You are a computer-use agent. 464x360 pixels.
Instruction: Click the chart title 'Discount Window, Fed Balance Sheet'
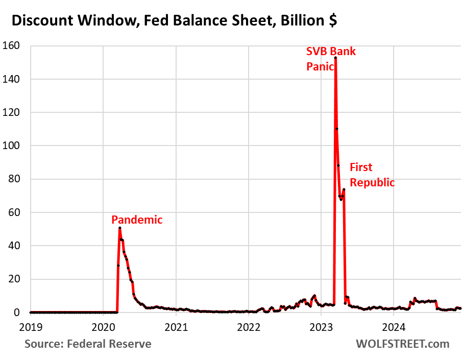(x=174, y=21)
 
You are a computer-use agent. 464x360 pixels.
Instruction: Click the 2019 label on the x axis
(x=31, y=325)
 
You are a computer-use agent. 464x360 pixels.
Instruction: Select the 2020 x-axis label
(x=103, y=325)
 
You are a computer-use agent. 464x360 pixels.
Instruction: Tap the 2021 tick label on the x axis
(x=176, y=325)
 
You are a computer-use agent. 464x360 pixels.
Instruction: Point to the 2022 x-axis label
(x=249, y=325)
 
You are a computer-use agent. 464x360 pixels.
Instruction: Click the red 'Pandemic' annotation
(x=137, y=220)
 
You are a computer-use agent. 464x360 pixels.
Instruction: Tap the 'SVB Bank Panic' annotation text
(x=330, y=59)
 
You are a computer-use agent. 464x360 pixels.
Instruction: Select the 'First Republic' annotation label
(x=372, y=175)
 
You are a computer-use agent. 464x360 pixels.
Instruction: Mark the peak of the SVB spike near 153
(x=335, y=58)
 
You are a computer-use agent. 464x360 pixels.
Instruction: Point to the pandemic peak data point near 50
(x=119, y=228)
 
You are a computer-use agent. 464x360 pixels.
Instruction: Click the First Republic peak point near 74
(x=344, y=189)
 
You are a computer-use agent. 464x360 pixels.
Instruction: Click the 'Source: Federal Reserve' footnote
(x=88, y=344)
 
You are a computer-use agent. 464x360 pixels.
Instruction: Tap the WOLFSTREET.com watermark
(x=402, y=344)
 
